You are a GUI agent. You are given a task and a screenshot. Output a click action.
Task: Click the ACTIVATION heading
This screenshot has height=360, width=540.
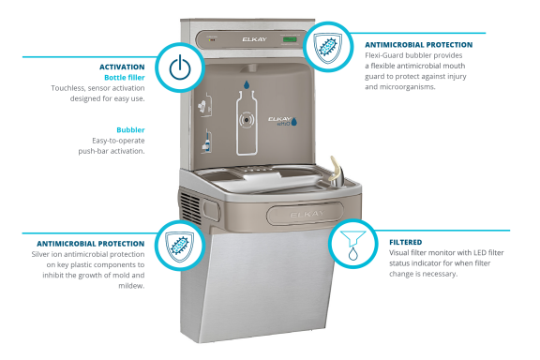(122, 67)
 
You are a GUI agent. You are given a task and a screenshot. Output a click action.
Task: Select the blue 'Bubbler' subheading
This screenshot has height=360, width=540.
(130, 129)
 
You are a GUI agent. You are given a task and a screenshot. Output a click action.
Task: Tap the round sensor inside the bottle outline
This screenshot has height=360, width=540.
(246, 120)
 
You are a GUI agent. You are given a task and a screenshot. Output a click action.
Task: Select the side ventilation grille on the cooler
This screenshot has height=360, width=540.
(190, 200)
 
